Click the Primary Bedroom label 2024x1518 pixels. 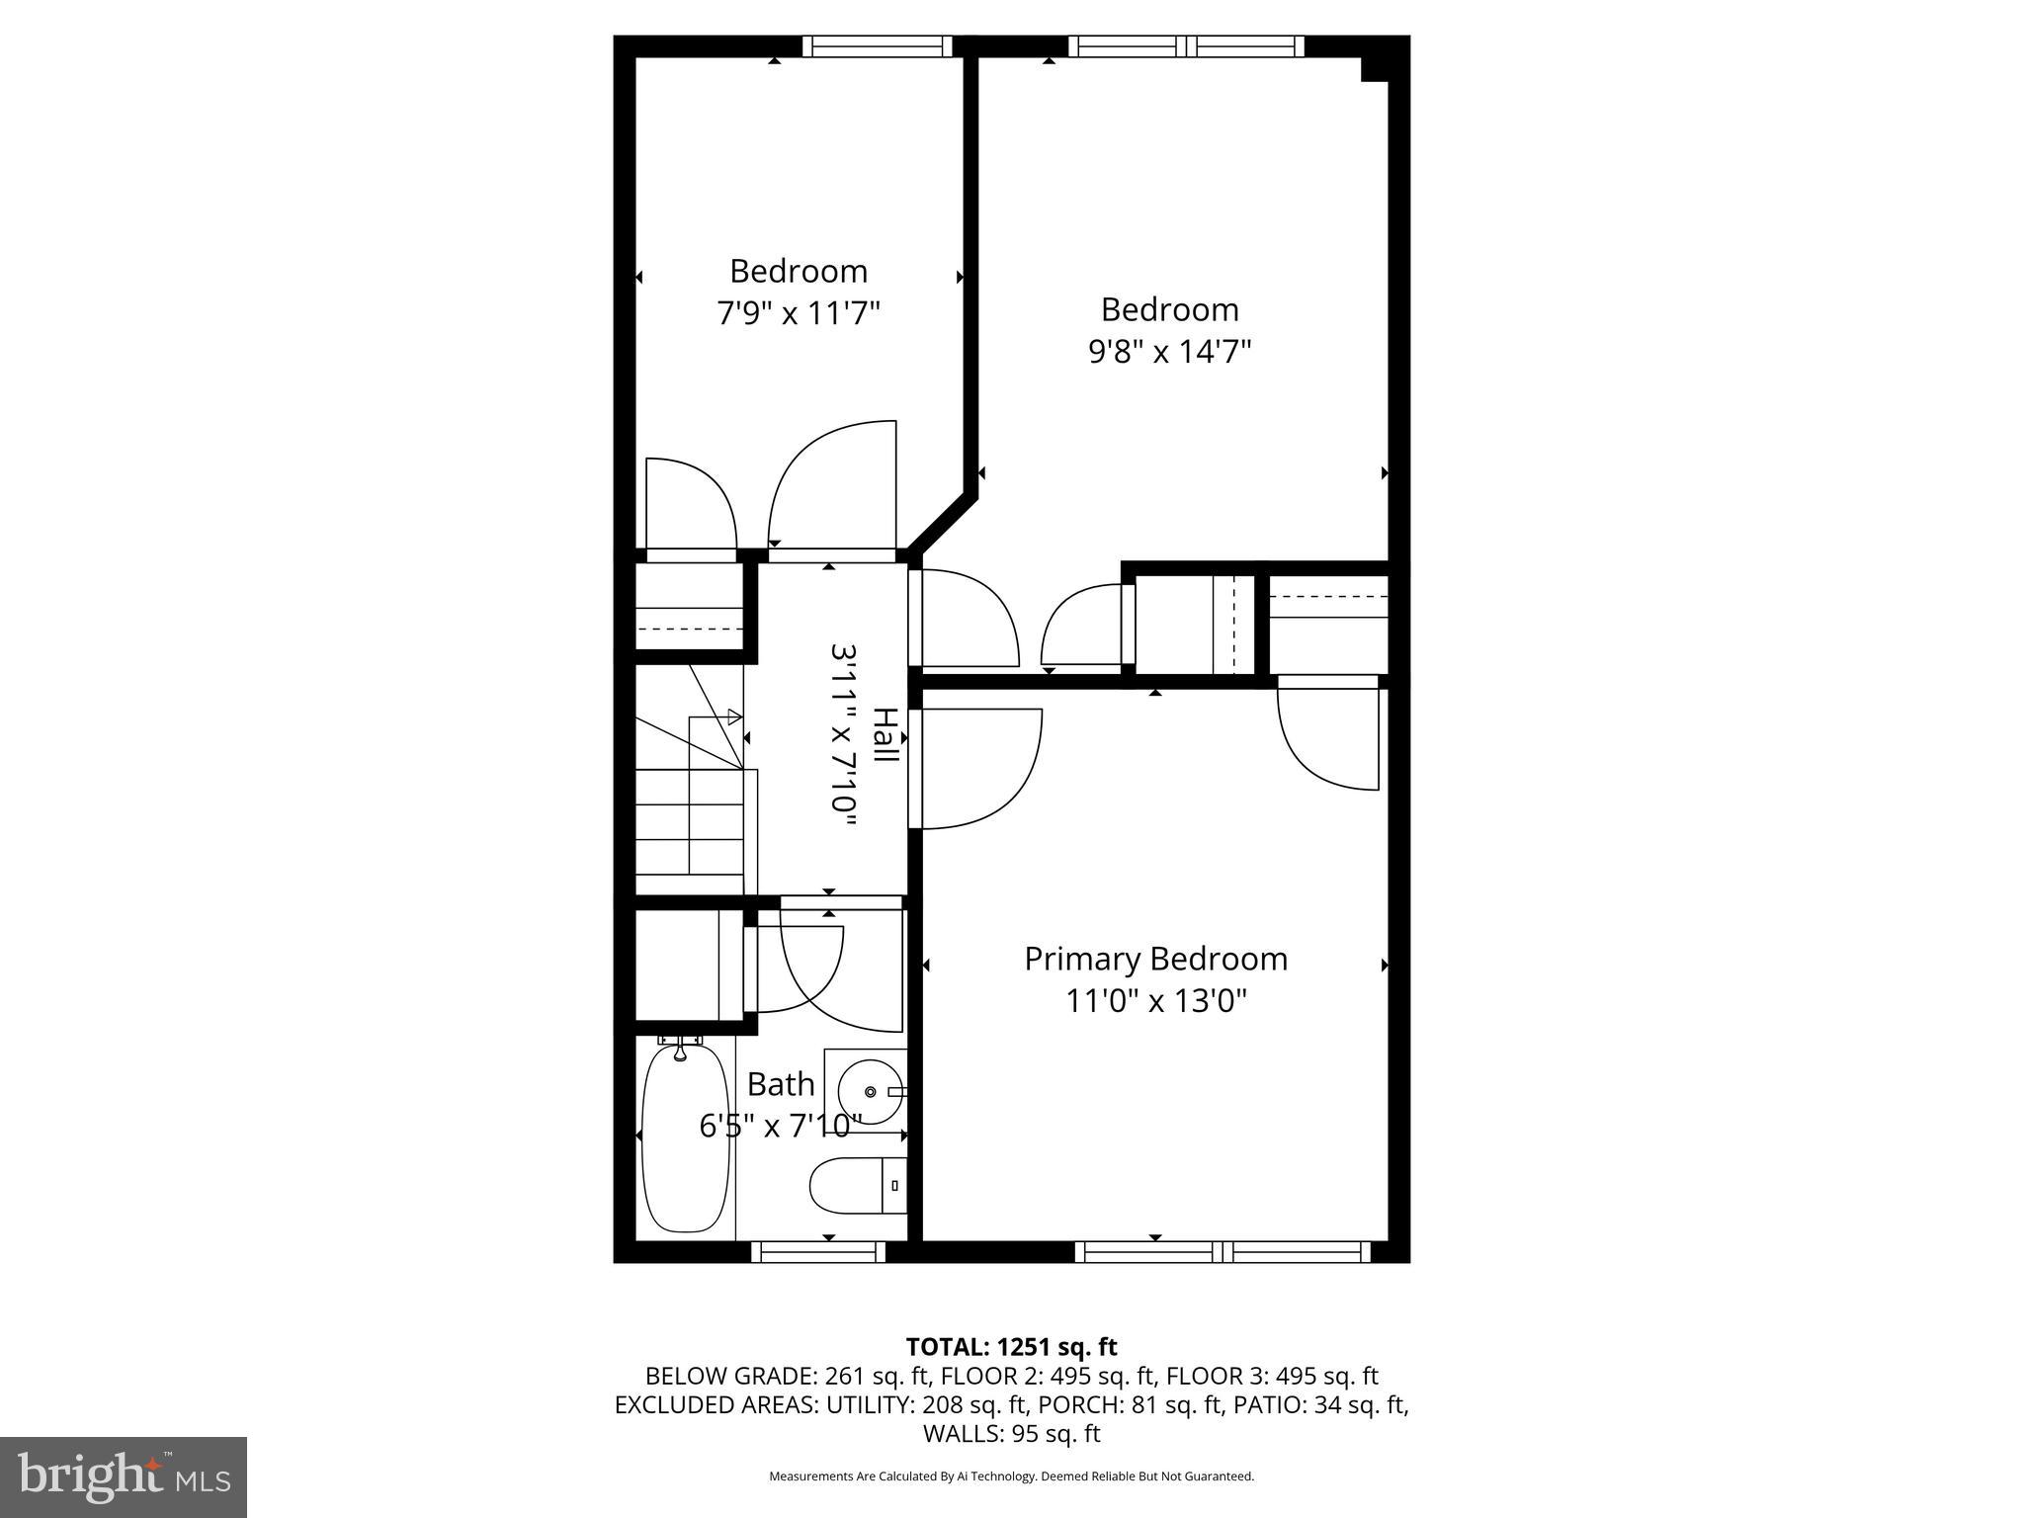point(1155,959)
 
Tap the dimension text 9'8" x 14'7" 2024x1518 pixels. point(1169,352)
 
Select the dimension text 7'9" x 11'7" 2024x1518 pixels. point(798,313)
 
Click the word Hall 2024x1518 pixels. point(885,734)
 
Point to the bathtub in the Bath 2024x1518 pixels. point(685,1138)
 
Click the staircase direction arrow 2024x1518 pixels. point(733,717)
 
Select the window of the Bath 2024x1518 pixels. point(817,1252)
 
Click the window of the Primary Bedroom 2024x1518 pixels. point(1223,1252)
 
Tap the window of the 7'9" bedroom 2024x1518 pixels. point(877,46)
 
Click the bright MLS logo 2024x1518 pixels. point(123,1476)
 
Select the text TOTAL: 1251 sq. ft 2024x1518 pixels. point(1011,1347)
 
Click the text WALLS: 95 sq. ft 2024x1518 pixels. point(1011,1433)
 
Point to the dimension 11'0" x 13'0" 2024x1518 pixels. point(1155,1001)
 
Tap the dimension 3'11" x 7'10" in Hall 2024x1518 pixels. point(843,728)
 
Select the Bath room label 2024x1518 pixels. point(781,1084)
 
